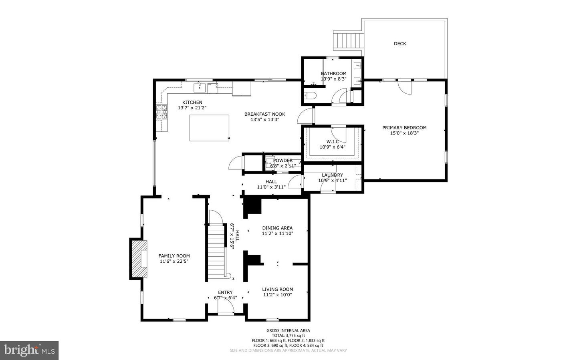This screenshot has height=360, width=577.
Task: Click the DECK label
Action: pyautogui.click(x=399, y=44)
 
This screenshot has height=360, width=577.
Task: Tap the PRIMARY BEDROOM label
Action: pyautogui.click(x=404, y=128)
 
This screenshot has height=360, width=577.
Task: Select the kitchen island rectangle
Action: pyautogui.click(x=209, y=128)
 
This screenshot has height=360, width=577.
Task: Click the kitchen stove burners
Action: pyautogui.click(x=162, y=112)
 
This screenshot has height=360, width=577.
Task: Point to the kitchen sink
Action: pyautogui.click(x=200, y=87)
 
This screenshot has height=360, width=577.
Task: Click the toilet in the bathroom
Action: pyautogui.click(x=310, y=95)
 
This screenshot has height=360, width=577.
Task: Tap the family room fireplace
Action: pyautogui.click(x=139, y=258)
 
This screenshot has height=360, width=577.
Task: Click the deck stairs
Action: pyautogui.click(x=349, y=40)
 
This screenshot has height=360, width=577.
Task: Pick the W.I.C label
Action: pyautogui.click(x=333, y=141)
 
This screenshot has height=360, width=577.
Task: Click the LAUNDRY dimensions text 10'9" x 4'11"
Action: pyautogui.click(x=333, y=181)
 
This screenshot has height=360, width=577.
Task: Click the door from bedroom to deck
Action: pyautogui.click(x=405, y=86)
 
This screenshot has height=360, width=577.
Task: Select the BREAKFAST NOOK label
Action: pyautogui.click(x=264, y=114)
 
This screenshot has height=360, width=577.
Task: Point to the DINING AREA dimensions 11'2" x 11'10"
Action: pyautogui.click(x=278, y=233)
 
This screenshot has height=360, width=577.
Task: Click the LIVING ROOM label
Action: pyautogui.click(x=277, y=289)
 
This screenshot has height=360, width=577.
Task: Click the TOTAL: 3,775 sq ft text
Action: pyautogui.click(x=288, y=336)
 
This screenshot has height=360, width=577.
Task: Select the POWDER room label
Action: pyautogui.click(x=283, y=160)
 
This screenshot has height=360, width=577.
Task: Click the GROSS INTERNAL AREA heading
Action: pyautogui.click(x=288, y=330)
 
